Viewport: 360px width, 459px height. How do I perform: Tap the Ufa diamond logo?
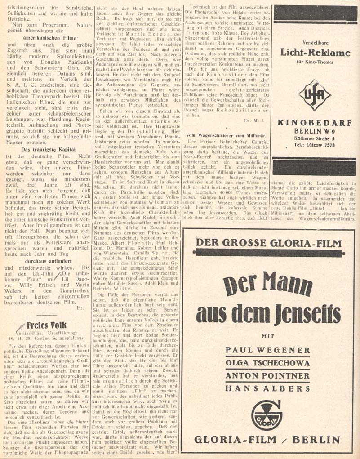click(x=315, y=95)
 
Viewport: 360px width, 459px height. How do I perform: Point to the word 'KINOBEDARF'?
click(x=315, y=123)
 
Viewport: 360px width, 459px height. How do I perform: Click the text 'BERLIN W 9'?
click(x=315, y=131)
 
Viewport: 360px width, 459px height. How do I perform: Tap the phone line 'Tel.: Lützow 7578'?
click(x=315, y=145)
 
